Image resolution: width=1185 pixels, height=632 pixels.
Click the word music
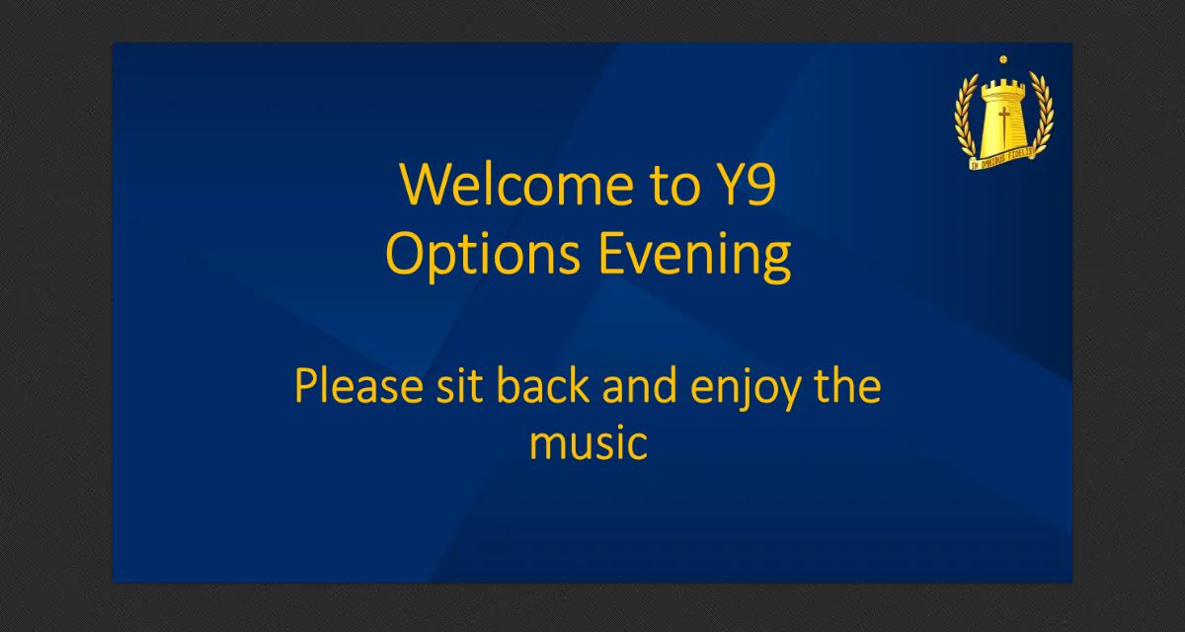[x=589, y=442]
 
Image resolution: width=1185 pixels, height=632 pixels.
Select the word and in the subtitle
[x=639, y=386]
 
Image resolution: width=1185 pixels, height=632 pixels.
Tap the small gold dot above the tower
[x=1003, y=60]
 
